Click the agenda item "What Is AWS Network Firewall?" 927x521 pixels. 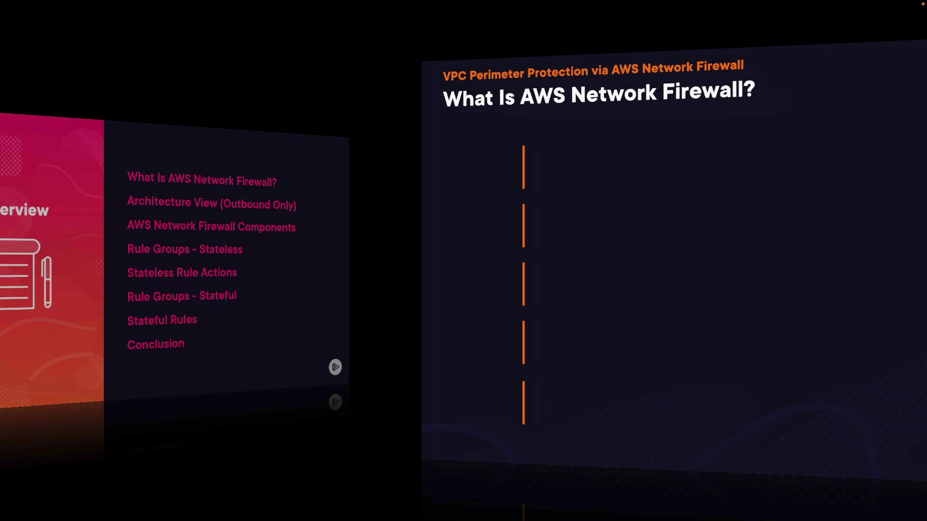(202, 179)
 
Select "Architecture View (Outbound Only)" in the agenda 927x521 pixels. (211, 203)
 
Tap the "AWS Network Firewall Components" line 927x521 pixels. (211, 226)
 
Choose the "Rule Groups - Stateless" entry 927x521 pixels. (184, 249)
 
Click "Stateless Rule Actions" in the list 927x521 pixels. (182, 273)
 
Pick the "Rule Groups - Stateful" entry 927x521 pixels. (182, 296)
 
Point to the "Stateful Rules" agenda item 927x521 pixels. (162, 320)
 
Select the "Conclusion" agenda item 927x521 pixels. (155, 344)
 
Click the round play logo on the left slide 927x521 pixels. (335, 367)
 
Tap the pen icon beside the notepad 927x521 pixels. (47, 282)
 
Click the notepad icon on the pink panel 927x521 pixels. (18, 274)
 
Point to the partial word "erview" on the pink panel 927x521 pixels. (24, 210)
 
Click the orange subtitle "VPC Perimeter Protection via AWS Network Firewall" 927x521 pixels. (593, 70)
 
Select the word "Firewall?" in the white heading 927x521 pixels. (708, 91)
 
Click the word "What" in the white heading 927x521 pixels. (468, 98)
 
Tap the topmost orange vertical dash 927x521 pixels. (523, 167)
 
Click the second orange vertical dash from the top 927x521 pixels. (523, 225)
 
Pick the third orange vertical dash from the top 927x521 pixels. (523, 284)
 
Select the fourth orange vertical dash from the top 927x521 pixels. (523, 342)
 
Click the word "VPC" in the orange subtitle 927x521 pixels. (454, 76)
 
